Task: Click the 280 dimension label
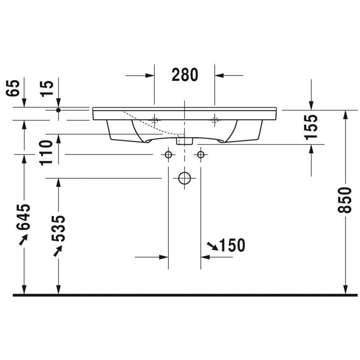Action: [x=185, y=75]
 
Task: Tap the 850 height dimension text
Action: [x=345, y=200]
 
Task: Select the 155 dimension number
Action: [x=311, y=127]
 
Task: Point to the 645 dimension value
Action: [x=23, y=217]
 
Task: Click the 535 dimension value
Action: [x=58, y=229]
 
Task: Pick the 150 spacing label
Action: [x=232, y=245]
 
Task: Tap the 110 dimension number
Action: [x=46, y=153]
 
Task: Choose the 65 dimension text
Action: [x=12, y=88]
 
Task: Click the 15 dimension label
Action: [x=47, y=89]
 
